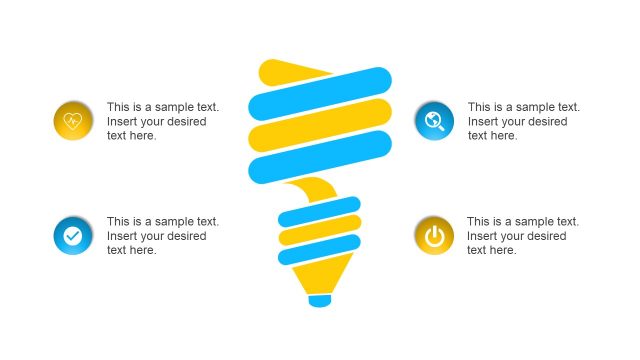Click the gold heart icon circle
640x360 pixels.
[x=73, y=121]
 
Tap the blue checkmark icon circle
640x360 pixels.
[x=73, y=236]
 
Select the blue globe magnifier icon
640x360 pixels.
[x=434, y=121]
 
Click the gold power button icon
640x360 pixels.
[x=434, y=236]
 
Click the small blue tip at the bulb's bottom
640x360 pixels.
[x=319, y=300]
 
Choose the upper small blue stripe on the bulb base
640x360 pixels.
[x=319, y=212]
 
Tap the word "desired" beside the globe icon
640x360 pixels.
[x=546, y=121]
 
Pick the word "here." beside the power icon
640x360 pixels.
[x=501, y=250]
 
